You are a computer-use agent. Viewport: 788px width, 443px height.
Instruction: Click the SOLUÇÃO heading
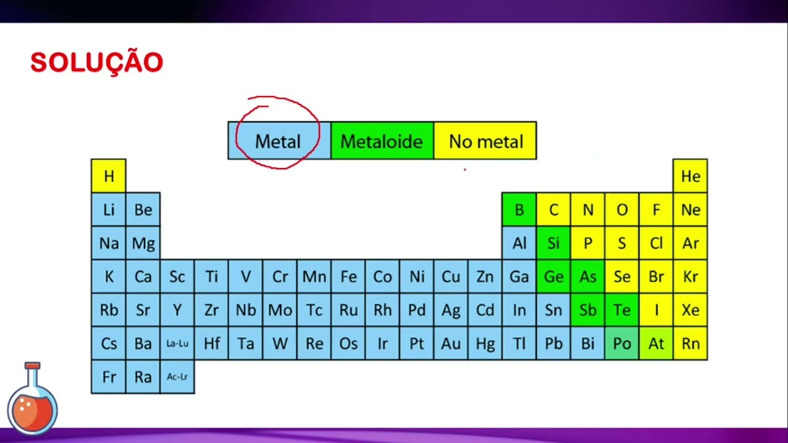97,63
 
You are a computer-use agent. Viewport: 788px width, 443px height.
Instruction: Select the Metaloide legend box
382,141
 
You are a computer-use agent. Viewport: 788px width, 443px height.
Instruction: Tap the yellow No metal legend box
485,141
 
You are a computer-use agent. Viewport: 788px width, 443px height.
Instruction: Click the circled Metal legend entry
278,141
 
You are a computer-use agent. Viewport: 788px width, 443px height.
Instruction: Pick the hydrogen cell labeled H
108,176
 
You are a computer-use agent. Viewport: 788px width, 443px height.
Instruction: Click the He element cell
690,176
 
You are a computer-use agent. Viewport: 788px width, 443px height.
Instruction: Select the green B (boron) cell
519,210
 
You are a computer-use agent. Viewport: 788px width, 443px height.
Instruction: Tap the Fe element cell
348,276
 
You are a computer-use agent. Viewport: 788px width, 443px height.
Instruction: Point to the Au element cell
451,343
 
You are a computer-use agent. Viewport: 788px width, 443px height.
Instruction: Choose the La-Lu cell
177,343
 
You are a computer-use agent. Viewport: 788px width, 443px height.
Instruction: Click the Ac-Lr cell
177,377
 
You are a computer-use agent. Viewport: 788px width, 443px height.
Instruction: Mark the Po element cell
622,343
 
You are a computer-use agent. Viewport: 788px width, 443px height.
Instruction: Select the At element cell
656,343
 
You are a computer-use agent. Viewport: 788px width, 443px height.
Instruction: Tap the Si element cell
553,243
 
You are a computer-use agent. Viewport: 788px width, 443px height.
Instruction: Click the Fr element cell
108,377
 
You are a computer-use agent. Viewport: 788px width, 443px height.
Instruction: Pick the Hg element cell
485,343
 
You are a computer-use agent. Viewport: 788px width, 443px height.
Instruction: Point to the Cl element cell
656,243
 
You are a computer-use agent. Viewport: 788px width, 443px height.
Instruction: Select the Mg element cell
143,243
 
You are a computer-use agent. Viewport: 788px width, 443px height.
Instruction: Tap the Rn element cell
690,343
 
